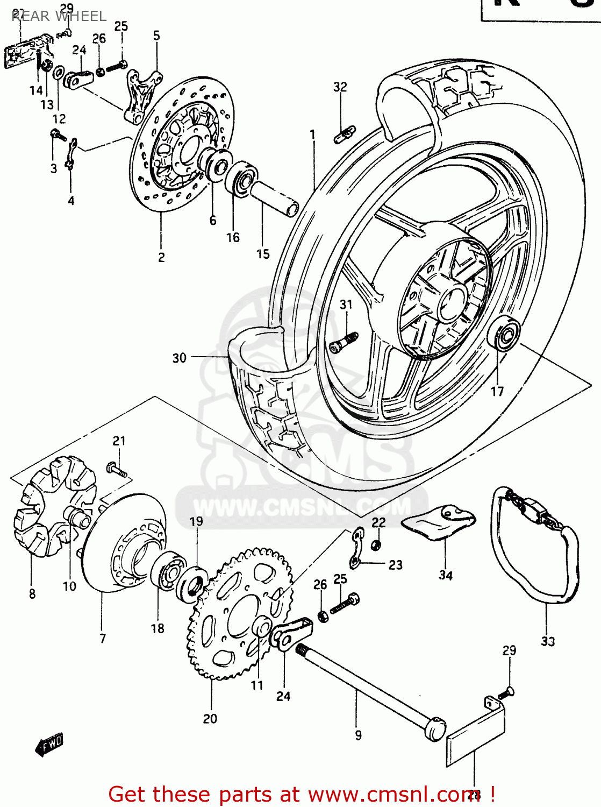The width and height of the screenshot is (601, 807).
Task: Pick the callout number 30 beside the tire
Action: pyautogui.click(x=179, y=358)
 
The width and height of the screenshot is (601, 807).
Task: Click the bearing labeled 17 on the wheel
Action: pyautogui.click(x=504, y=334)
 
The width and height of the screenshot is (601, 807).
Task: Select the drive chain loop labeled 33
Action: pyautogui.click(x=535, y=543)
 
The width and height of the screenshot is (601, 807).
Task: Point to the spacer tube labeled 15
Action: pyautogui.click(x=274, y=197)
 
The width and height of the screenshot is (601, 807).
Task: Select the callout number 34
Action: pyautogui.click(x=446, y=575)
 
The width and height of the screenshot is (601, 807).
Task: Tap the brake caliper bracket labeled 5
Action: pyautogui.click(x=142, y=94)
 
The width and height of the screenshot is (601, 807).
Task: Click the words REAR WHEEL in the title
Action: pyautogui.click(x=59, y=16)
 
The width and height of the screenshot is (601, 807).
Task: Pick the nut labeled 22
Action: pyautogui.click(x=377, y=544)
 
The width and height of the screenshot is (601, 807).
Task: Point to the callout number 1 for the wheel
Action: pyautogui.click(x=312, y=134)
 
